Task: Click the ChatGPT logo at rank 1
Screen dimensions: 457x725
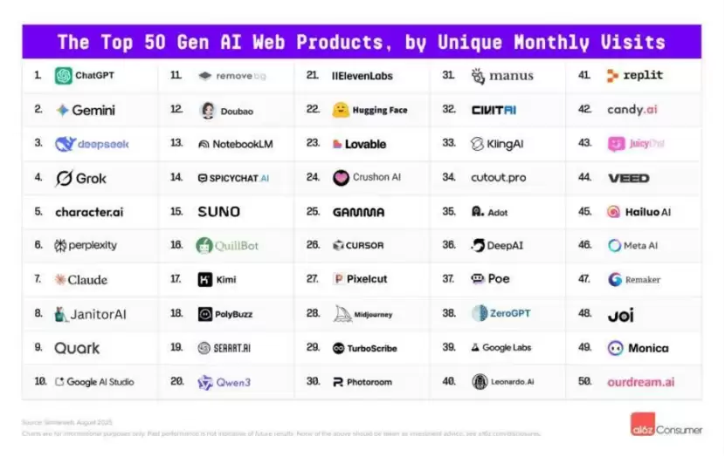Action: (x=64, y=76)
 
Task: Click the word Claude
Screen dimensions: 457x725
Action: (x=87, y=280)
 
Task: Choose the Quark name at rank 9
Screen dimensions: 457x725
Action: (x=77, y=348)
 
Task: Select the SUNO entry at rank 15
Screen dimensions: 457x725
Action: (x=218, y=212)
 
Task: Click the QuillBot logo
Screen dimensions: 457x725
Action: (x=204, y=245)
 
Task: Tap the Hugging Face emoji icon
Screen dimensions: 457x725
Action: (x=341, y=110)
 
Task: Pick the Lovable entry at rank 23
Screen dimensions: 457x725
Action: (x=359, y=144)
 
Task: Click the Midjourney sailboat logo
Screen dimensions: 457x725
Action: (x=342, y=313)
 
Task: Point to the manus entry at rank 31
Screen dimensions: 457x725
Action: (x=501, y=76)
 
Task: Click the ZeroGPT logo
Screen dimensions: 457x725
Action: (x=479, y=313)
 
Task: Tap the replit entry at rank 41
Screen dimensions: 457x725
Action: (x=635, y=76)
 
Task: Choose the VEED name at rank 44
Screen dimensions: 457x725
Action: (x=629, y=178)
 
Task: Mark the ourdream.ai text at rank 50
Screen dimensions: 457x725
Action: (x=641, y=382)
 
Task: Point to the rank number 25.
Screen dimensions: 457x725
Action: (x=313, y=212)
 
